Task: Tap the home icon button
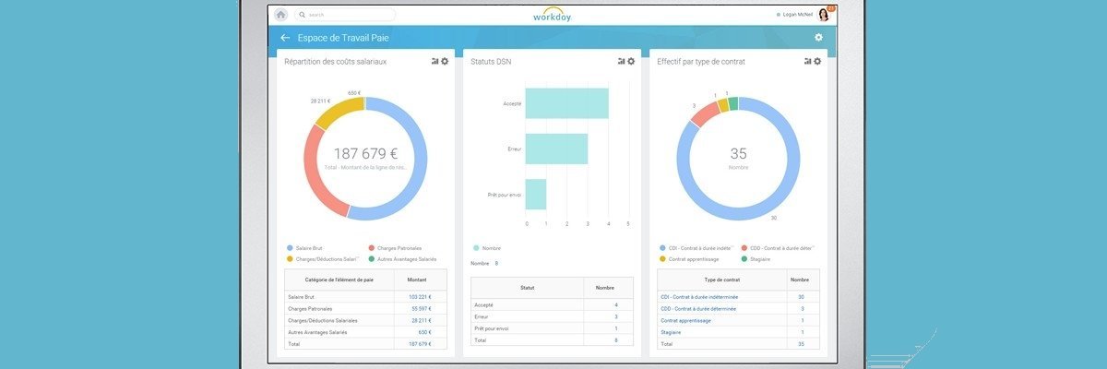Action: coord(280,15)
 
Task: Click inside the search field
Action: coord(346,15)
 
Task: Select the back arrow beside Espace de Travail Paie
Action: coord(285,38)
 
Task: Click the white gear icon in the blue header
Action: coord(818,38)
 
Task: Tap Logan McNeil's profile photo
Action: coord(823,15)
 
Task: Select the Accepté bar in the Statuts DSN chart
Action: coord(567,103)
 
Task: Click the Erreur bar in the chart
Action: coord(556,149)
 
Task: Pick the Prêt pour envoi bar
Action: coord(536,194)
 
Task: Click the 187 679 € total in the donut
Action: coord(365,154)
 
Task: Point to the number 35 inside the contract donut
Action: coord(738,154)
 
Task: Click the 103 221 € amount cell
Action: coord(420,297)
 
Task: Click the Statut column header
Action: coord(527,288)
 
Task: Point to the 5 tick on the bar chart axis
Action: coord(628,224)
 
